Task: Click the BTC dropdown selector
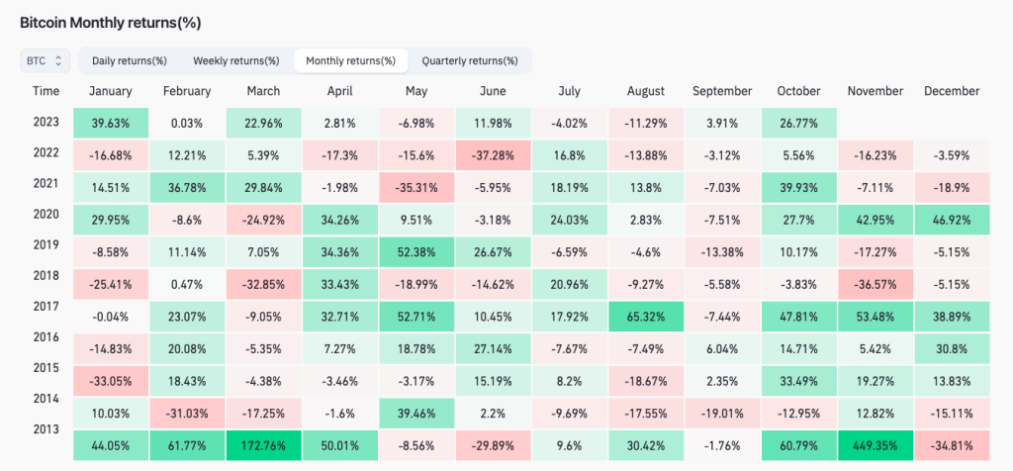point(45,60)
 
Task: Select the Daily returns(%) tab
point(130,60)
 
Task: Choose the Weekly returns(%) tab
point(235,60)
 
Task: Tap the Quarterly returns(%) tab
point(469,60)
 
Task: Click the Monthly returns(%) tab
point(350,60)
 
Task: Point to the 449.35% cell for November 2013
point(875,445)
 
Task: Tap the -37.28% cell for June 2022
point(492,154)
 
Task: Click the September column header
point(722,91)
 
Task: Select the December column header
point(951,91)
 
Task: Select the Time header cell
point(46,91)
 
